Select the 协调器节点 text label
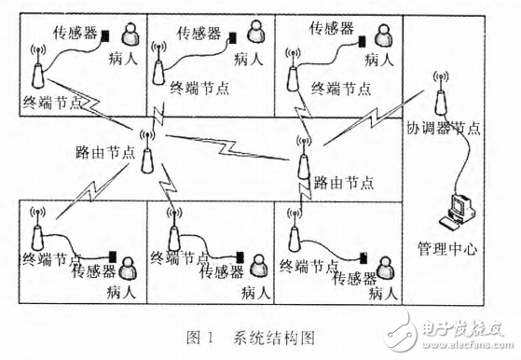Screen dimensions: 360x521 pos(445,129)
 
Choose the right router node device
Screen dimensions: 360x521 pos(304,164)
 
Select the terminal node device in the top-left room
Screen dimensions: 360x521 pos(37,70)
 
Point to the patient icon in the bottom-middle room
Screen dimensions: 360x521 pos(257,268)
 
